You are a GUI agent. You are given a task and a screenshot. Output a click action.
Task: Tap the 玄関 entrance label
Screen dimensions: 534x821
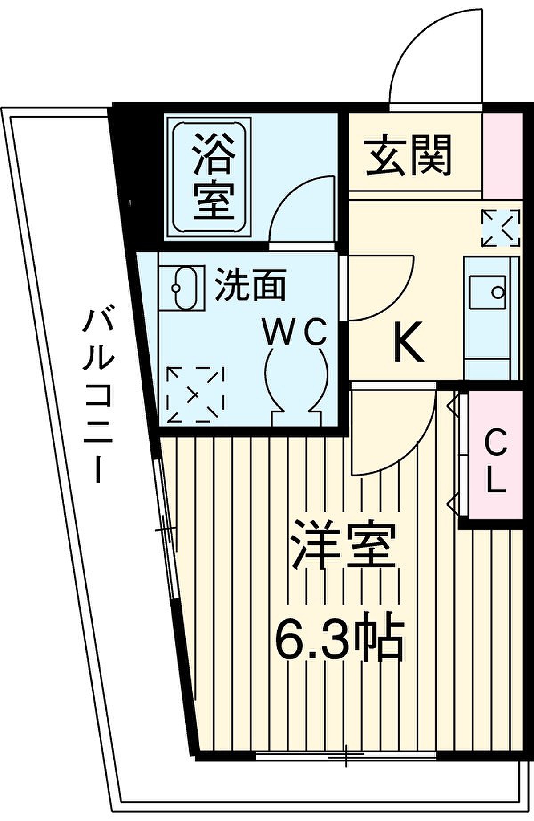point(409,155)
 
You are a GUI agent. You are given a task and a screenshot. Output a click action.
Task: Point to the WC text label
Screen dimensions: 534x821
point(295,332)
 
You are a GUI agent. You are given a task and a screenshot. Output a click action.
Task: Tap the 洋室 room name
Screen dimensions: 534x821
point(344,546)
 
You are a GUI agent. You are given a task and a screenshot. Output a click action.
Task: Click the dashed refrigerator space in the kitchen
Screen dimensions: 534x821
point(501,228)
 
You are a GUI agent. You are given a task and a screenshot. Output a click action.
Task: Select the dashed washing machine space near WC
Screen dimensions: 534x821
point(194,394)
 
